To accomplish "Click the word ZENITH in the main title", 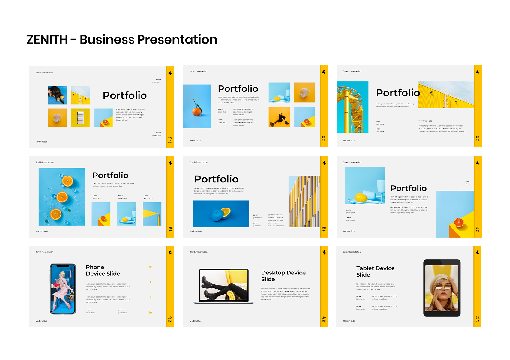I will click(47, 40).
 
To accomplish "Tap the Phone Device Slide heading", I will click(103, 270).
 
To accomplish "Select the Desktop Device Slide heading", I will click(283, 276).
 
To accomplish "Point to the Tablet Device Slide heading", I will click(375, 271).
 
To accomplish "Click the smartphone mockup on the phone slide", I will click(63, 289).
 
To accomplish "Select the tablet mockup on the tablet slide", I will click(442, 288).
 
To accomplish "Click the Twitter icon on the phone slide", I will click(151, 267).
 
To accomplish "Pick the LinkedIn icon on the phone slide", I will click(151, 313).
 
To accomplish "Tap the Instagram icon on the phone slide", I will click(151, 297).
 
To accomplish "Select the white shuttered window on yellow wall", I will click(80, 118).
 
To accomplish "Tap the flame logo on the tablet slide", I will click(478, 252).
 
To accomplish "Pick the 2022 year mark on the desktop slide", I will click(324, 319).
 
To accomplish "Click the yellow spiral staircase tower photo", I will click(352, 107).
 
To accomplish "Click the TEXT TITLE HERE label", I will click(425, 121).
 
